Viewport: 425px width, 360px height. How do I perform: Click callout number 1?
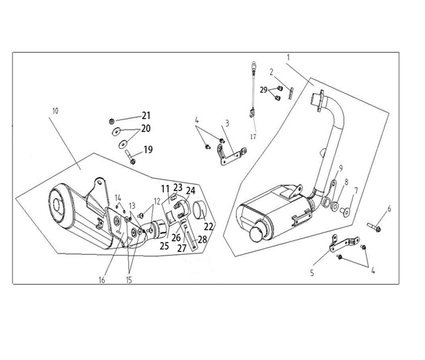point(288,58)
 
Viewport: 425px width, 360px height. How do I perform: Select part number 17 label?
point(252,137)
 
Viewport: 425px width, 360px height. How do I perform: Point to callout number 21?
point(146,116)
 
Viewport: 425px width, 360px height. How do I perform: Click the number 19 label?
point(148,150)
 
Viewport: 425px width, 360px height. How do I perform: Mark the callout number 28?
point(202,240)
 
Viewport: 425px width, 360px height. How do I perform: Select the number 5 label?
point(311,272)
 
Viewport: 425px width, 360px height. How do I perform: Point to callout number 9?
point(341,168)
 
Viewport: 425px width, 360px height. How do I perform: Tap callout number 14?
point(118,197)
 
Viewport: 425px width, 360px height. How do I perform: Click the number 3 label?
point(226,123)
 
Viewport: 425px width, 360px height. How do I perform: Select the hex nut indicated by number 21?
point(112,121)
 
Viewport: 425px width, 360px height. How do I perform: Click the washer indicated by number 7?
point(346,210)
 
